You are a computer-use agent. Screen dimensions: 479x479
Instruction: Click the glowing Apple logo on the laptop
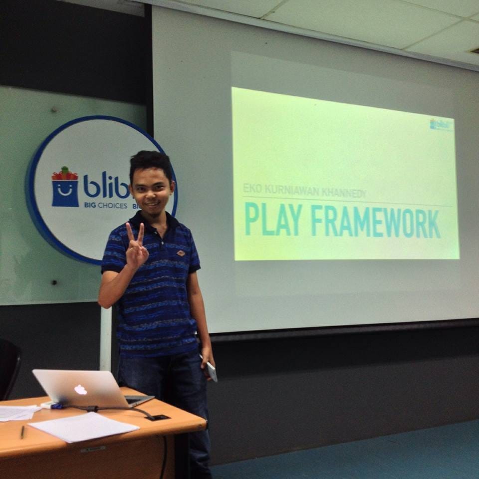(x=80, y=389)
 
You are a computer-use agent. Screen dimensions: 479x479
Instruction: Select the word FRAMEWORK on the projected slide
(x=376, y=223)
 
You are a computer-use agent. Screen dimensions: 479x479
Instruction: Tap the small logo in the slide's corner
(x=442, y=124)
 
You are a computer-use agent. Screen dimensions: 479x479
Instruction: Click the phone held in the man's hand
(x=211, y=371)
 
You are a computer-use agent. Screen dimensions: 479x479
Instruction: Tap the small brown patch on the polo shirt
(x=181, y=253)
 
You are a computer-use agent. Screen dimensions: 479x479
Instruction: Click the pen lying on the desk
(x=22, y=432)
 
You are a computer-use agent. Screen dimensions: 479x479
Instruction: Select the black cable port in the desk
(x=158, y=417)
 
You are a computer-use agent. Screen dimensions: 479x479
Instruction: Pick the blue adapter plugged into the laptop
(x=55, y=406)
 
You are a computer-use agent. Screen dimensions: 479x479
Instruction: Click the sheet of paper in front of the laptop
(x=83, y=427)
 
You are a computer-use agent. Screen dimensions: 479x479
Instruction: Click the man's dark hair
(x=150, y=162)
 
